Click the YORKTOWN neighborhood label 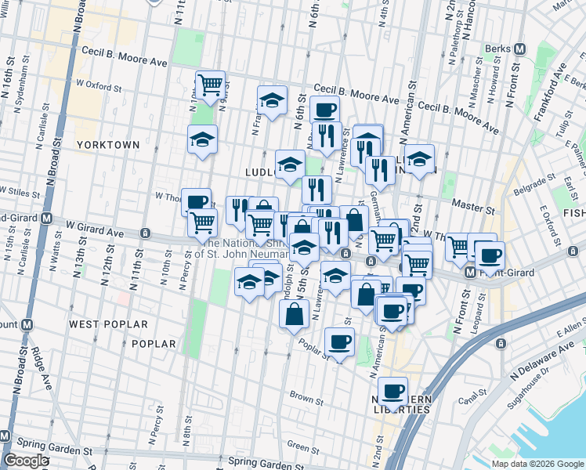108,145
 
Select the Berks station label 497,48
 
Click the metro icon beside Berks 518,48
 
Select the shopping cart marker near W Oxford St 210,85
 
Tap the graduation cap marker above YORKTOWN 203,140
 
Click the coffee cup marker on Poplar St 339,342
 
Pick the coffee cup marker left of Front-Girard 490,255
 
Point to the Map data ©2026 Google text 537,463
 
